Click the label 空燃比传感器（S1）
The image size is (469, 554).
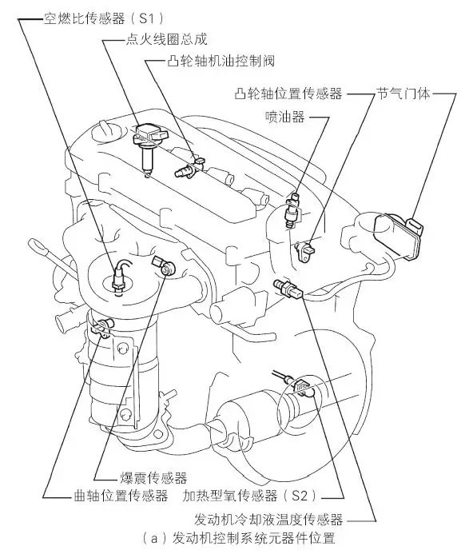[104, 18]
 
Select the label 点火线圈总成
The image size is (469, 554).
[167, 39]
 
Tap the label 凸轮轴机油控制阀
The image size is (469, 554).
[221, 61]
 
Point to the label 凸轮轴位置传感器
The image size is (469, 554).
[288, 94]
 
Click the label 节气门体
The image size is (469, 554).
[403, 94]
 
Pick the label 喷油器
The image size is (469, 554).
[285, 116]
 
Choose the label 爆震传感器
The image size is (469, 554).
[153, 478]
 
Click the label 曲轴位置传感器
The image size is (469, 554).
[121, 496]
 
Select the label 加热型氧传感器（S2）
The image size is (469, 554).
[250, 496]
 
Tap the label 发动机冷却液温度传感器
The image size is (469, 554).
[268, 520]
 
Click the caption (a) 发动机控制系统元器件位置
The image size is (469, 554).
[238, 539]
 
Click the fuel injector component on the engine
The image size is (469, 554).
[292, 210]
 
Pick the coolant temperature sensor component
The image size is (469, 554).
[288, 289]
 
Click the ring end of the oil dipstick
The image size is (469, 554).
[37, 247]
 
